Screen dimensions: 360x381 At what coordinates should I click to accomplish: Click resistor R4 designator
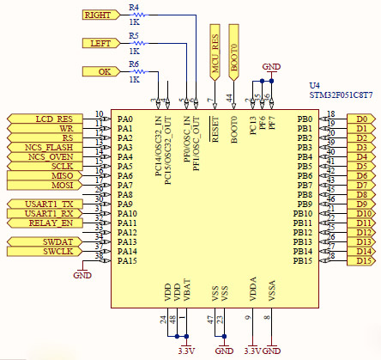pyautogui.click(x=133, y=7)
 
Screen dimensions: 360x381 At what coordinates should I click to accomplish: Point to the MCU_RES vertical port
pyautogui.click(x=215, y=52)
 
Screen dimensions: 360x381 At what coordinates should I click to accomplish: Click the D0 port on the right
pyautogui.click(x=361, y=119)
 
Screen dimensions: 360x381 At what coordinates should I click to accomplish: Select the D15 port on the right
pyautogui.click(x=361, y=260)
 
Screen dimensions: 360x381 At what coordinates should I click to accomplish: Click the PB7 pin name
pyautogui.click(x=304, y=185)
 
